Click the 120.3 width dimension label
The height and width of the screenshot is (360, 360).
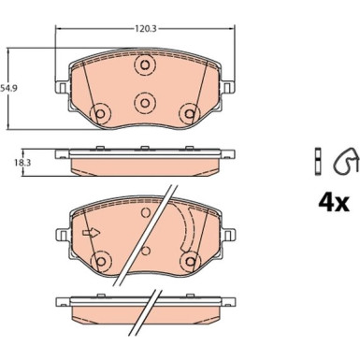click(145, 29)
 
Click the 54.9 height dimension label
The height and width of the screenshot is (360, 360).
click(8, 88)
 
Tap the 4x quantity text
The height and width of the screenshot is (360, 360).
click(334, 203)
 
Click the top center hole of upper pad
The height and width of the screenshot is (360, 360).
click(144, 65)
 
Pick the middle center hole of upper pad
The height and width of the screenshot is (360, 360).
click(144, 102)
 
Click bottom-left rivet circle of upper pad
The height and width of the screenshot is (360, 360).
click(100, 114)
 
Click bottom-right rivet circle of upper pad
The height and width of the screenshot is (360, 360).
click(189, 114)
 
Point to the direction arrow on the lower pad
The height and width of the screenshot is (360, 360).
click(91, 233)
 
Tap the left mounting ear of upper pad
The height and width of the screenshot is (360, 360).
click(62, 87)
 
